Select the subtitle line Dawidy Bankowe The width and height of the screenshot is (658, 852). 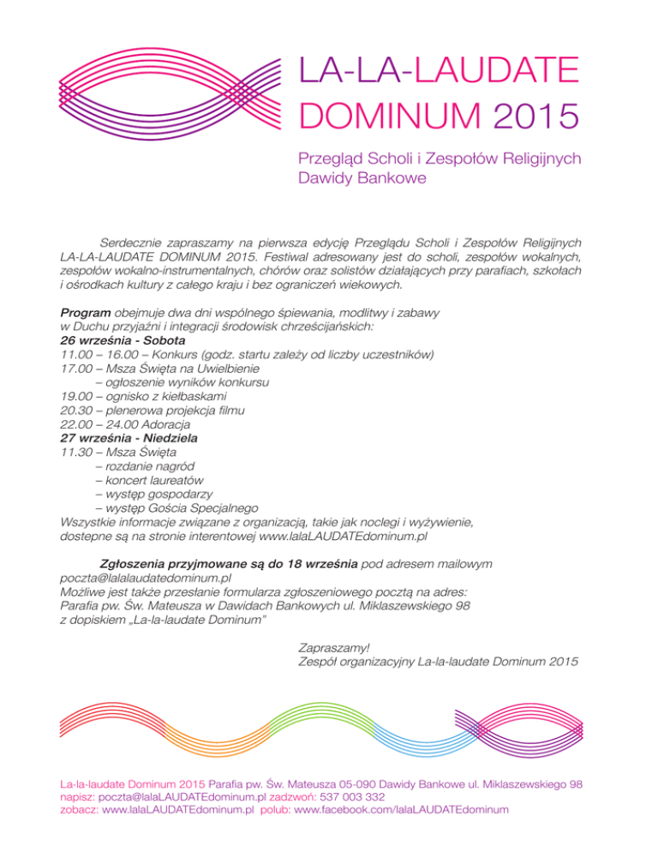362,179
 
